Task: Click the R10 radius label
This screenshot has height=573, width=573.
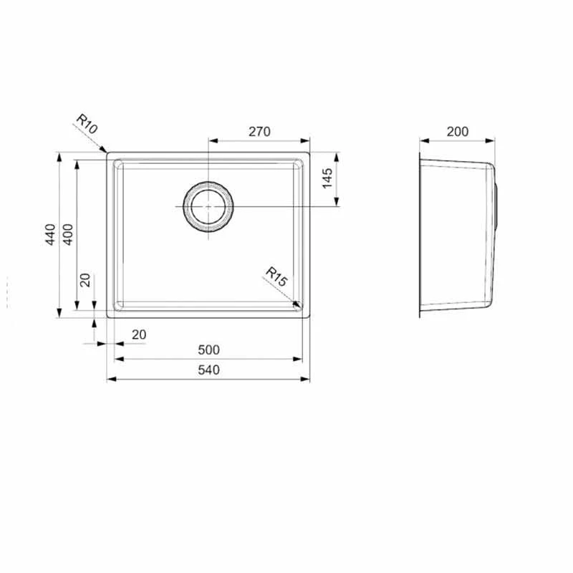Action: (x=87, y=123)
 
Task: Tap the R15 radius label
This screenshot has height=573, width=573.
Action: (x=276, y=276)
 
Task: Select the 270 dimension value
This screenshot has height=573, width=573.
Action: (x=259, y=132)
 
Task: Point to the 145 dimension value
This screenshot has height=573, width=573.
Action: (x=327, y=178)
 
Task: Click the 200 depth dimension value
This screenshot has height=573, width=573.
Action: (x=458, y=132)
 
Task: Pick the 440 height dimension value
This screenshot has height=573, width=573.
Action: (x=50, y=235)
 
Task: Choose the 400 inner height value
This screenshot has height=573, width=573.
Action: (x=68, y=235)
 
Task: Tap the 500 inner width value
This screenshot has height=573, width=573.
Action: (x=208, y=350)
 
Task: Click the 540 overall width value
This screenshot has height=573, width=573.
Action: (x=208, y=370)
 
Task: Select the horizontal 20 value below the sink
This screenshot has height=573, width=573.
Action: (x=139, y=334)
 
